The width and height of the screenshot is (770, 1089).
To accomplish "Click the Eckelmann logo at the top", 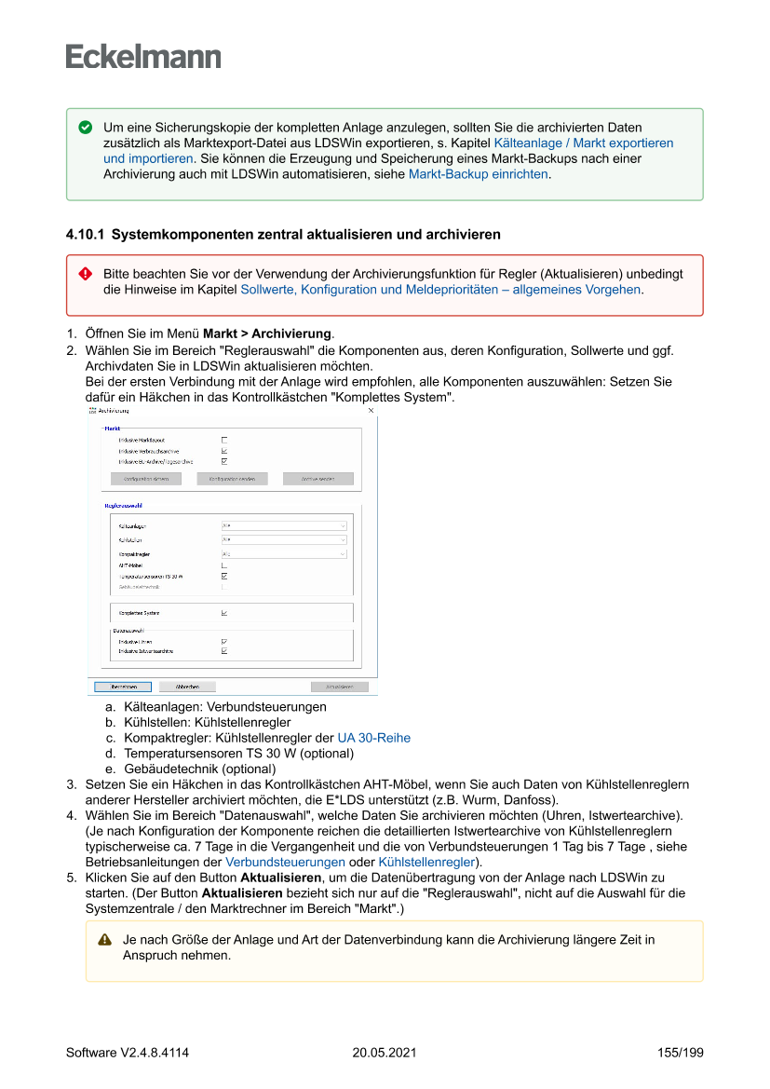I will point(143,56).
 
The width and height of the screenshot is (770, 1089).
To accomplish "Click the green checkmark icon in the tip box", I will point(86,127).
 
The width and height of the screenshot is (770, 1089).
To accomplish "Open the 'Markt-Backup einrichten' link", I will point(478,174).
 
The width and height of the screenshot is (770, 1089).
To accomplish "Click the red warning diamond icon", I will point(86,274).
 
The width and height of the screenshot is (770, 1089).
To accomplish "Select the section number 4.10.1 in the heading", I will point(84,235).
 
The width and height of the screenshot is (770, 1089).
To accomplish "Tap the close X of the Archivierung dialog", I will point(371,410).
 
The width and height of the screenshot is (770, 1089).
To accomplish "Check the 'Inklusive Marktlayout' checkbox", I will point(224,440).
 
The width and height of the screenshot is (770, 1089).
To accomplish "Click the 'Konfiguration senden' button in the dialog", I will point(232,479).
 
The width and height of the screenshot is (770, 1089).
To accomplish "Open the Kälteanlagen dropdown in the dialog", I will point(284,525).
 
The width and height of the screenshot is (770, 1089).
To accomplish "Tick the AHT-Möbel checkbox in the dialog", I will point(224,565).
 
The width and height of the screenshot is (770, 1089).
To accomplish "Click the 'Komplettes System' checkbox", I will point(224,613).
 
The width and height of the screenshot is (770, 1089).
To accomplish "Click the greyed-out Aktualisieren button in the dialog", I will point(339,687).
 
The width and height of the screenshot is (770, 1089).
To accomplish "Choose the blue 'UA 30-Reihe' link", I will point(373,738).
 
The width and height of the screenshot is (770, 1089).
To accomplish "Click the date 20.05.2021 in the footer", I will point(385,1053).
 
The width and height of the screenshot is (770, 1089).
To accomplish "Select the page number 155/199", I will point(680,1053).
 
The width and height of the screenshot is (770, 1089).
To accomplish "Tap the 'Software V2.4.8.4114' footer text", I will point(128,1053).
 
